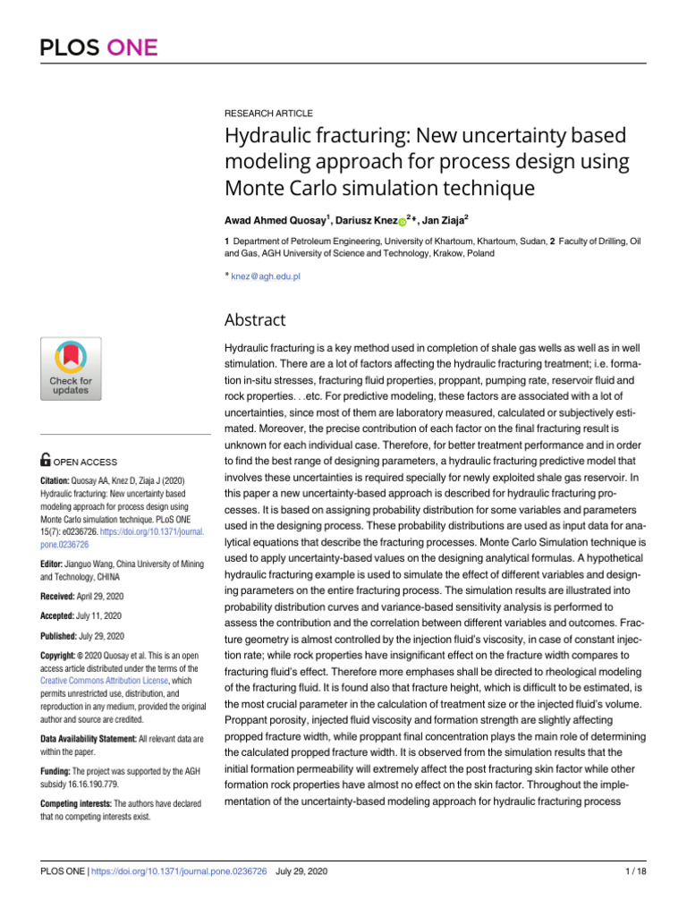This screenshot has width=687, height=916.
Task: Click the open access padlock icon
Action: click(46, 461)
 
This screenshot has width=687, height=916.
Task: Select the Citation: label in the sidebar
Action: click(57, 480)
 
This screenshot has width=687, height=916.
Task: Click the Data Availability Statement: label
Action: click(97, 739)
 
